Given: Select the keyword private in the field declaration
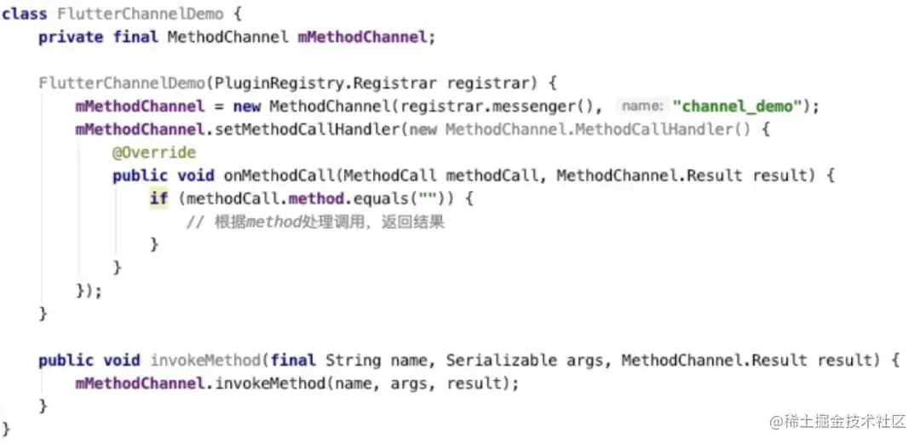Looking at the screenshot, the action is pyautogui.click(x=70, y=37).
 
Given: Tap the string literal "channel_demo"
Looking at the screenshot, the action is pyautogui.click(x=745, y=107).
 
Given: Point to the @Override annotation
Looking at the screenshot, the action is pyautogui.click(x=154, y=153).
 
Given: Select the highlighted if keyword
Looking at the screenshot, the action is pyautogui.click(x=158, y=199).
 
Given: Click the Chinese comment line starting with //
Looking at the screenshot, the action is pyautogui.click(x=315, y=222).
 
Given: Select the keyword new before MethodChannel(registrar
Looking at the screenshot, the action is pyautogui.click(x=246, y=107).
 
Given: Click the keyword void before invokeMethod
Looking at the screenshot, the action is pyautogui.click(x=122, y=360).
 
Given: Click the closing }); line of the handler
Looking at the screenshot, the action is pyautogui.click(x=89, y=291).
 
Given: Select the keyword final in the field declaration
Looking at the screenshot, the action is pyautogui.click(x=135, y=37).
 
